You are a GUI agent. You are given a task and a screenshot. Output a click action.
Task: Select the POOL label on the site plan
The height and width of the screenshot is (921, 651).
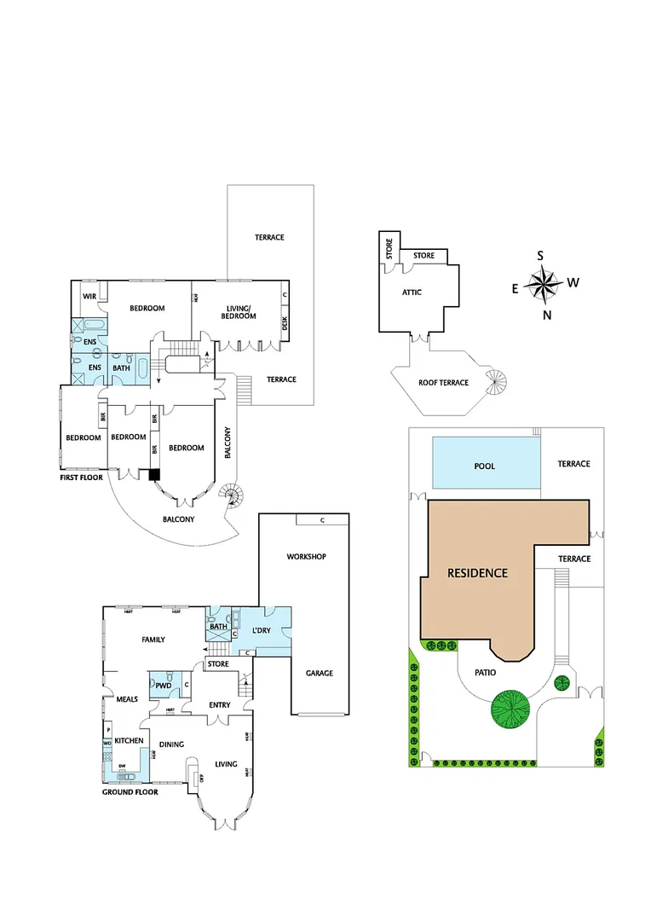(485, 466)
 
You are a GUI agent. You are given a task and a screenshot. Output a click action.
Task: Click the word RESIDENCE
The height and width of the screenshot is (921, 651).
(477, 573)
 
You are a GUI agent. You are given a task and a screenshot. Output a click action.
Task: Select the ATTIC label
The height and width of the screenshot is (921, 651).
(412, 293)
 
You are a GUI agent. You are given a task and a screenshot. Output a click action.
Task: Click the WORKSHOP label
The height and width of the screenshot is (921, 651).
(306, 557)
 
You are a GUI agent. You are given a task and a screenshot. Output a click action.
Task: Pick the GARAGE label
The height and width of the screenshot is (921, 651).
(320, 673)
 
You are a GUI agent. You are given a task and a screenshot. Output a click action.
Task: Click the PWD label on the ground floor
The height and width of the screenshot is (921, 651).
(163, 685)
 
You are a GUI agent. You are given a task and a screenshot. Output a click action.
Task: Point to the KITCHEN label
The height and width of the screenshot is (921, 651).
(130, 740)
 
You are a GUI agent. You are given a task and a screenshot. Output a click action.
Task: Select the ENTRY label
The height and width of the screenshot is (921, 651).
(220, 704)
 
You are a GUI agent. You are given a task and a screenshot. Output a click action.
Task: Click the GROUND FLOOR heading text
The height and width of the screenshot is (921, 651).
(129, 791)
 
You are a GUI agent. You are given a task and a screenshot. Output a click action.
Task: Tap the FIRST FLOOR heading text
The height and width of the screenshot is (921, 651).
(81, 478)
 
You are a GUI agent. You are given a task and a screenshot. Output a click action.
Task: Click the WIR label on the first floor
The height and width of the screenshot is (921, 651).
(88, 296)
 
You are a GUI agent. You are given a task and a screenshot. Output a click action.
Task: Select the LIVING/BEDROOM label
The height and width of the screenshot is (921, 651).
(239, 312)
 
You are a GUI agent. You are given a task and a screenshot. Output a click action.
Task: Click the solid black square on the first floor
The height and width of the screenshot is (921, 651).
(154, 475)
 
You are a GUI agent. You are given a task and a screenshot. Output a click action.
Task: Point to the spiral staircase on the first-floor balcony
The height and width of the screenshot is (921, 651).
(231, 494)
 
